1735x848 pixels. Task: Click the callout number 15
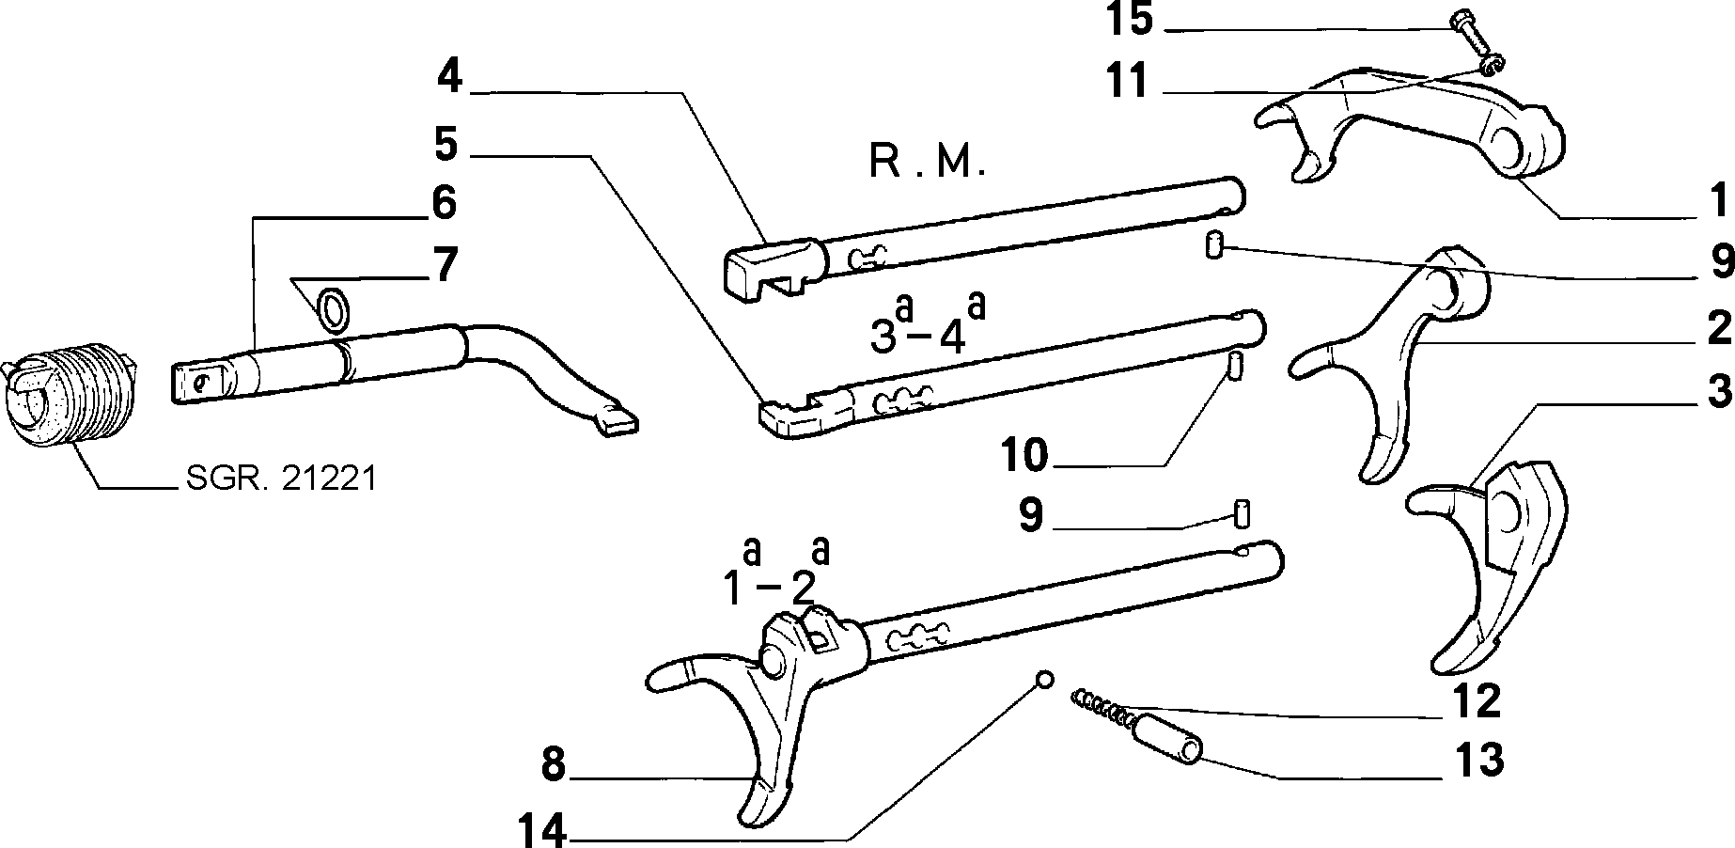click(x=1129, y=20)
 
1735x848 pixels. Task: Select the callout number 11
click(x=1129, y=82)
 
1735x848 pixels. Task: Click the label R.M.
click(x=927, y=162)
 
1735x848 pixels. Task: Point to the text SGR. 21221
click(x=282, y=479)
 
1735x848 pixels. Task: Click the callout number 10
click(x=1024, y=457)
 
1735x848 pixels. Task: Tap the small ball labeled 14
click(x=1044, y=680)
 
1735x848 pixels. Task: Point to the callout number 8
click(x=554, y=765)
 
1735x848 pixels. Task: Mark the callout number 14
click(x=542, y=830)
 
